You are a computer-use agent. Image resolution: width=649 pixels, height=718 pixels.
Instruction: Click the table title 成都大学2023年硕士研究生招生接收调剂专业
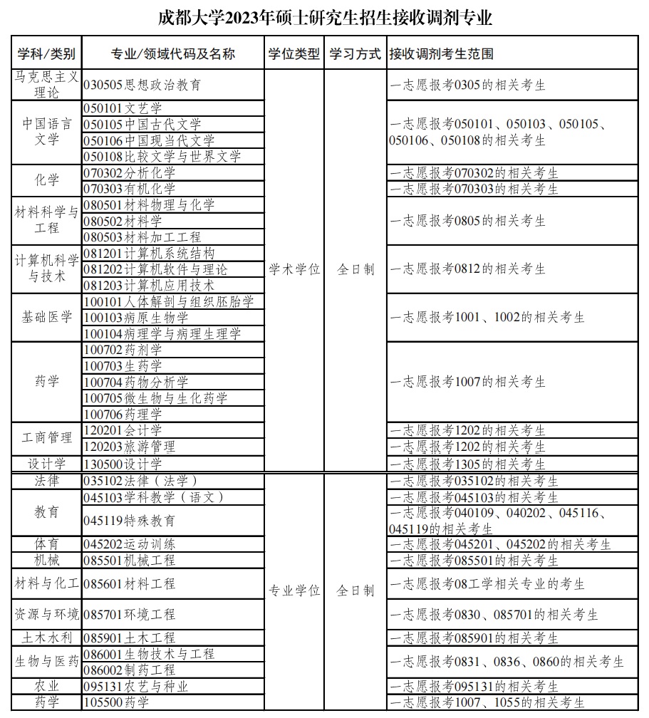(324, 18)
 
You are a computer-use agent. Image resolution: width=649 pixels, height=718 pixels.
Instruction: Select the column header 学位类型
(294, 54)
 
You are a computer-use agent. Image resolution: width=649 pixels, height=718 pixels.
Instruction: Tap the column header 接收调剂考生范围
(442, 54)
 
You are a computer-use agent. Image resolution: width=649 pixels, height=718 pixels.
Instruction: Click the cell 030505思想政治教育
(142, 85)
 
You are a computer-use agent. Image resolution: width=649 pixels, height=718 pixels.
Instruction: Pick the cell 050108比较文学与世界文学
(162, 157)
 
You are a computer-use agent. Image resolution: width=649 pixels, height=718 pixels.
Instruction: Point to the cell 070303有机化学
(130, 189)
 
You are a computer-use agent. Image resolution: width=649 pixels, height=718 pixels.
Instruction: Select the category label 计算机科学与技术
(47, 269)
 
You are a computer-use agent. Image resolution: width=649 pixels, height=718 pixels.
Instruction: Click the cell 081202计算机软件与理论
(156, 269)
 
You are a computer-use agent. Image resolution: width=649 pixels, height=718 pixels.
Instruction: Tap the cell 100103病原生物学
(136, 318)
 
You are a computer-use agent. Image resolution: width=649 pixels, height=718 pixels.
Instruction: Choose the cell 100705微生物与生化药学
(156, 398)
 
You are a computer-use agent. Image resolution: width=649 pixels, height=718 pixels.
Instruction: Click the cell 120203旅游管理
(130, 447)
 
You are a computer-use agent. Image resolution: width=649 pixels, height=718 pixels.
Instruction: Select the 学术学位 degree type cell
(294, 269)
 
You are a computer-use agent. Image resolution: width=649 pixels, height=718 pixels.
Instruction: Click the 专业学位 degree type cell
(294, 590)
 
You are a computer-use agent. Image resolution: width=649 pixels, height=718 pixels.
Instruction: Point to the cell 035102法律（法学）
(140, 481)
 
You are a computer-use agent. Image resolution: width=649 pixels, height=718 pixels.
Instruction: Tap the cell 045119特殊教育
(130, 521)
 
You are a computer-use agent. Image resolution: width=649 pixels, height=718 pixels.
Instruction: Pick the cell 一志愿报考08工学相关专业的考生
(487, 584)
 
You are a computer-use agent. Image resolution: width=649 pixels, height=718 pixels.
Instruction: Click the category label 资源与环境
(47, 613)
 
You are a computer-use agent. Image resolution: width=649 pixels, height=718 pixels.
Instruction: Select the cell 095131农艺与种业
(136, 687)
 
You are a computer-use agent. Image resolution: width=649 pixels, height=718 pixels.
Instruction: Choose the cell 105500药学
(117, 703)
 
